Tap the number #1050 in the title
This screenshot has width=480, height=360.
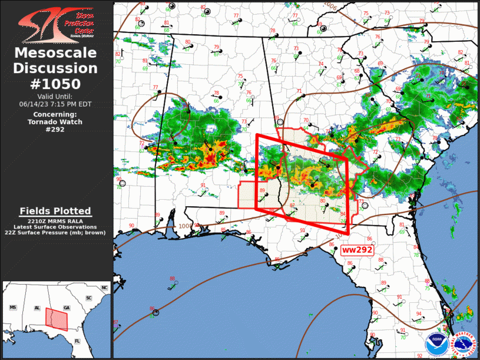point(55,83)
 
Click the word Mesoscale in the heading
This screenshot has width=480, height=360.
point(55,53)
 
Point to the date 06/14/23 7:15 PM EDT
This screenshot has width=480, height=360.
point(55,103)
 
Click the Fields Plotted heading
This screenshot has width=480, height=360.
point(55,210)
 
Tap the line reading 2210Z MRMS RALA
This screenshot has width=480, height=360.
point(55,221)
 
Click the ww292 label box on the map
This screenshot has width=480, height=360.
point(357,250)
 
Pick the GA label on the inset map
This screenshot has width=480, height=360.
point(66,308)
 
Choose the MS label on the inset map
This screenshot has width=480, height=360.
point(12,308)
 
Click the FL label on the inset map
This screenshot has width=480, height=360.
point(77,341)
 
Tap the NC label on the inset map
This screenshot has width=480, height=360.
point(104,287)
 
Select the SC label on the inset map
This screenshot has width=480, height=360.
point(88,299)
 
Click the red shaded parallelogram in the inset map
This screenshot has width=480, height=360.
point(57,319)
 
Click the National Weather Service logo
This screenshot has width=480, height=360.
point(461,341)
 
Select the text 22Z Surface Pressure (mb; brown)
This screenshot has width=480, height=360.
point(55,232)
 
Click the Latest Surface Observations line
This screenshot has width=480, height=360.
point(55,226)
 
